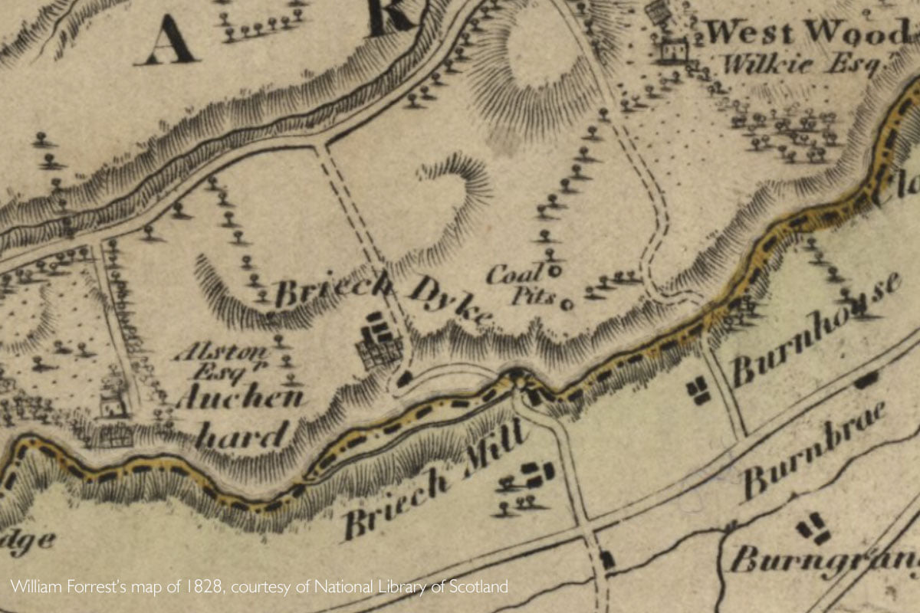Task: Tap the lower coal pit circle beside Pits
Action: pyautogui.click(x=567, y=304)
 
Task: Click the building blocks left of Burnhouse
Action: pyautogui.click(x=698, y=391)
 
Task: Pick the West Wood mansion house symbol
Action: pyautogui.click(x=673, y=51)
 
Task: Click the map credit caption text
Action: pyautogui.click(x=259, y=588)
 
